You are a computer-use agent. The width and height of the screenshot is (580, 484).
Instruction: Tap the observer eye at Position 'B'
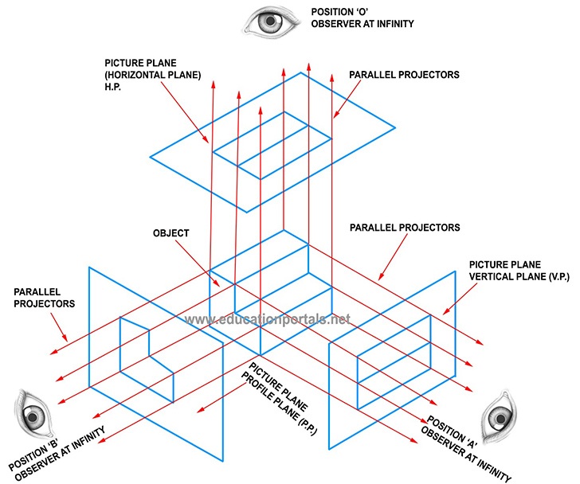[32, 415]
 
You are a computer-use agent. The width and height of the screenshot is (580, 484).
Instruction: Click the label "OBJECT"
[170, 233]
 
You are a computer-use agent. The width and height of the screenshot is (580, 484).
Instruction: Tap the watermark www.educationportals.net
[268, 320]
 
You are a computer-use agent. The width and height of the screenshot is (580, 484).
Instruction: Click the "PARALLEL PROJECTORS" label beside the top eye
[404, 74]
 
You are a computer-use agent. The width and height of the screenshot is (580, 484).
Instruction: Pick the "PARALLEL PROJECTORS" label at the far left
[43, 297]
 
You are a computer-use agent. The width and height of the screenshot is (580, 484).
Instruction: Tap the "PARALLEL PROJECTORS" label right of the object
[404, 228]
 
